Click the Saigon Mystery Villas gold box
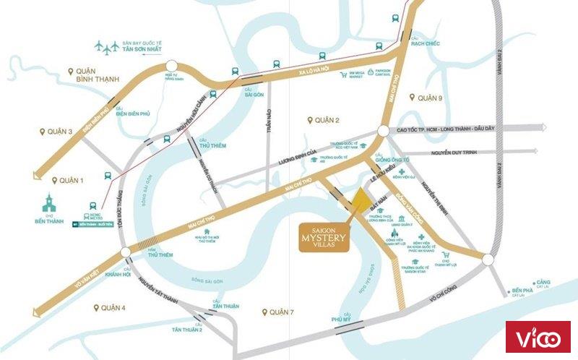324,236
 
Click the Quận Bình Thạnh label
93,75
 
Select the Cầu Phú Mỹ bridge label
341,316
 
